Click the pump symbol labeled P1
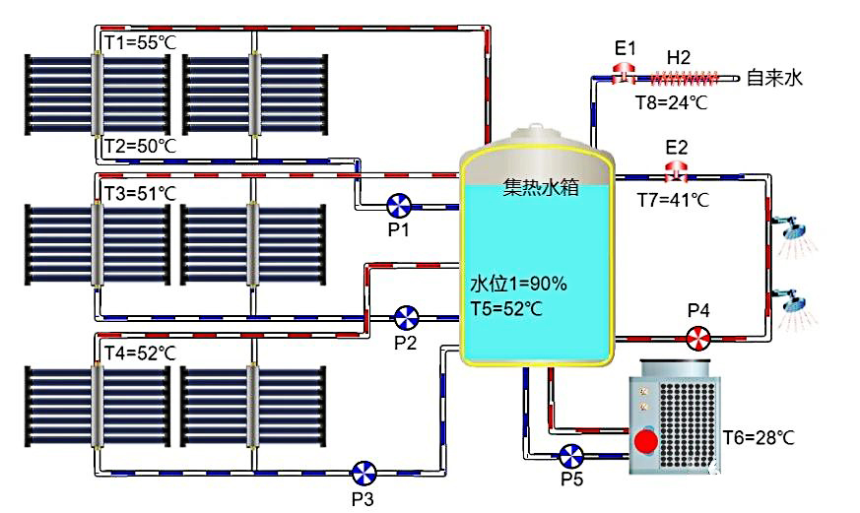coord(399,205)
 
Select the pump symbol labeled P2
coord(406,317)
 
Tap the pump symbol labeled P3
coord(364,471)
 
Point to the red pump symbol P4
coord(697,338)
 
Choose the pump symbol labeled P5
coord(570,456)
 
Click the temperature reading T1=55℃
coord(139,41)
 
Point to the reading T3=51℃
coord(139,193)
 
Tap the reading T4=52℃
coord(139,352)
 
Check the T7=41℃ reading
coord(673,200)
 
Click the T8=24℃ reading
coord(673,100)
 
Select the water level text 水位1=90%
coord(518,285)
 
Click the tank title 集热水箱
coord(540,187)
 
